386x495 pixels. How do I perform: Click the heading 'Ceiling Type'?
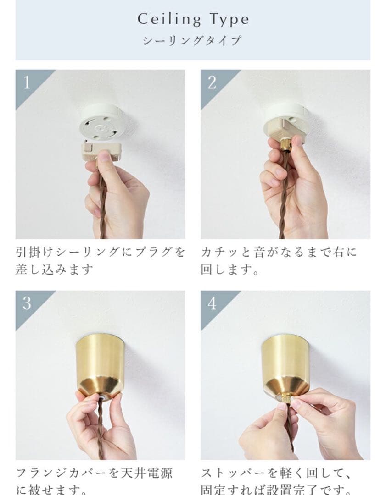(193, 19)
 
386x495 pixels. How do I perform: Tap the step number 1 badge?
(26, 82)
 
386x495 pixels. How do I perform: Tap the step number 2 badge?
(212, 82)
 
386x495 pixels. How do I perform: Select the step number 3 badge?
(26, 303)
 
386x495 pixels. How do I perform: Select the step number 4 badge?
(212, 303)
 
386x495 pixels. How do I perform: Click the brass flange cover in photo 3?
(100, 362)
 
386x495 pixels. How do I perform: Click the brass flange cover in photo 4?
(285, 362)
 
